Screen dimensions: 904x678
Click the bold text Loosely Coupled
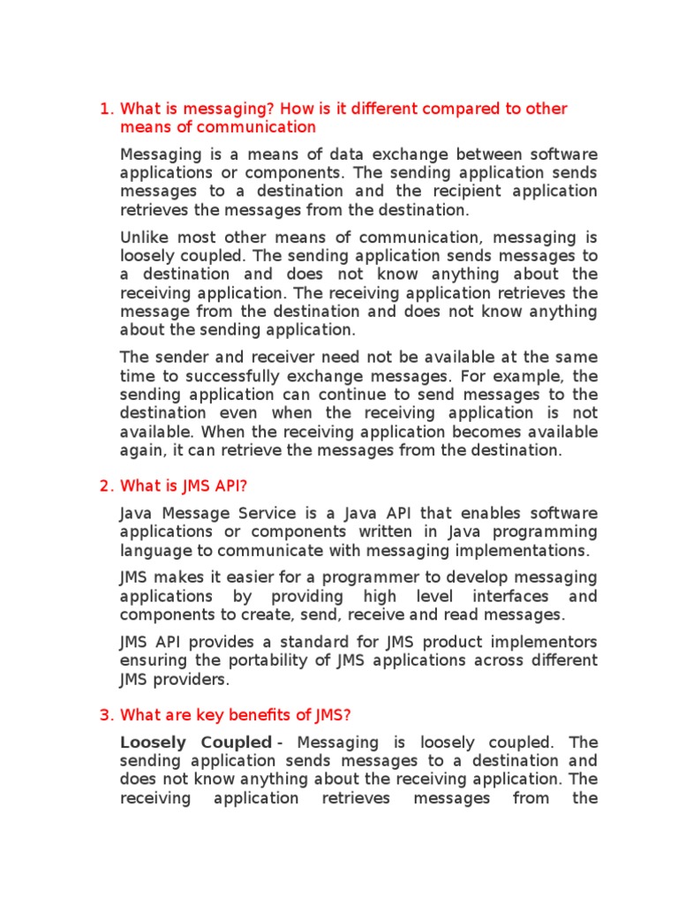[195, 742]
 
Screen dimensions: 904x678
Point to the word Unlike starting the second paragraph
[144, 237]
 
